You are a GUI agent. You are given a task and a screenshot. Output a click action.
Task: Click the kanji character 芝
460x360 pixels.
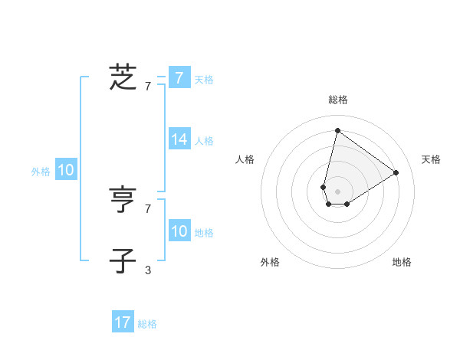pos(123,77)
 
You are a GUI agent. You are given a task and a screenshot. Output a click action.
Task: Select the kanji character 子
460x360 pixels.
pos(123,260)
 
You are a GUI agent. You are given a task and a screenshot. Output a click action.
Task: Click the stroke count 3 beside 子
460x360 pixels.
pos(148,270)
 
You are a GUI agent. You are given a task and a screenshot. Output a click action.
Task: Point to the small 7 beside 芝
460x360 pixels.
pos(148,87)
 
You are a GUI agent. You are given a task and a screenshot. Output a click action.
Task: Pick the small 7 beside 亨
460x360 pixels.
pos(148,208)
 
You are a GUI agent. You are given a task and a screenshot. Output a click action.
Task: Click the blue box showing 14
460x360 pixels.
pos(179,139)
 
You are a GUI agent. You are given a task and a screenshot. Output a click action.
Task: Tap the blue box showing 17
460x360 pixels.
pos(123,322)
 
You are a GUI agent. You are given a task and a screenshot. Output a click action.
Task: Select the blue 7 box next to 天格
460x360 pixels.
pos(179,78)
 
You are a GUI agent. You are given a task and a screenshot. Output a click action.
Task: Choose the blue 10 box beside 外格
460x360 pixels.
pos(66,171)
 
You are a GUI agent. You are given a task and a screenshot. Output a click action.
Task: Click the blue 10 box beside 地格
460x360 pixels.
pos(179,231)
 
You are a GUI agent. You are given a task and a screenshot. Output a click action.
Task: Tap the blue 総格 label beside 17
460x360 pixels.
pos(147,324)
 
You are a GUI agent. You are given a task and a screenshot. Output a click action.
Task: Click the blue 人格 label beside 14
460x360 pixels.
pos(204,141)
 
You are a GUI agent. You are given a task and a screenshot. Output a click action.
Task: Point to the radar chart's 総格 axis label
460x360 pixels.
pos(337,100)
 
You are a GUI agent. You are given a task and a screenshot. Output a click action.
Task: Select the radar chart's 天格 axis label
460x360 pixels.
pos(431,159)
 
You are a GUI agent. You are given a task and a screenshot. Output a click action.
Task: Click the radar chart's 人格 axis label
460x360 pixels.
pos(245,159)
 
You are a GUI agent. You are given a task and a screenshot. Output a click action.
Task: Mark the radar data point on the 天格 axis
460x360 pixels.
pos(396,172)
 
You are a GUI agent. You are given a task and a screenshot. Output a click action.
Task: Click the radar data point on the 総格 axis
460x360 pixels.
pos(337,130)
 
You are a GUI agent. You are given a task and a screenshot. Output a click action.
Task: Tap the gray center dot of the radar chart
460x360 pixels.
pos(337,191)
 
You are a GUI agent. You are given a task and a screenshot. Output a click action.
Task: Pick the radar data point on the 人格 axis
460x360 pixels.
pos(324,187)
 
